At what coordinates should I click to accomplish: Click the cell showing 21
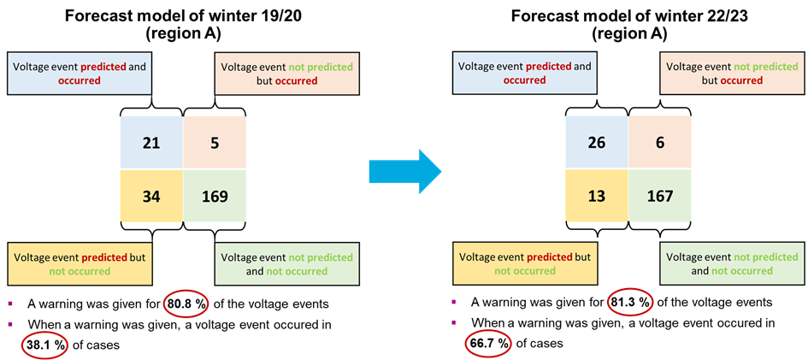tap(151, 143)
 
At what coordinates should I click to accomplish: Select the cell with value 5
tap(215, 143)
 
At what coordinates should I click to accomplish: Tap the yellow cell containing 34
tap(151, 196)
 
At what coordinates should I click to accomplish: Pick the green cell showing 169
tap(215, 196)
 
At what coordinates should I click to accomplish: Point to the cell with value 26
tap(597, 142)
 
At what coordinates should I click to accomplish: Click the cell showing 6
tap(660, 142)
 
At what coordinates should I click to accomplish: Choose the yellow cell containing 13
tap(597, 196)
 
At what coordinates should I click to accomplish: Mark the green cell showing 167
tap(660, 196)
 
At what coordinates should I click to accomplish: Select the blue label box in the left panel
tap(80, 74)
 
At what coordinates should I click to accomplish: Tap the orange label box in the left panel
tap(286, 74)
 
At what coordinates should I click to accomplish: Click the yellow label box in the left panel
tap(80, 264)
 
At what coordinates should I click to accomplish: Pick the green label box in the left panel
tap(286, 264)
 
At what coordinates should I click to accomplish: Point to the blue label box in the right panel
tap(524, 74)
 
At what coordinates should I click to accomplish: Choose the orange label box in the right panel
tap(732, 74)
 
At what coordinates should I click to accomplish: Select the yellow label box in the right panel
tap(524, 264)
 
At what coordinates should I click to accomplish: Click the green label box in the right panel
tap(732, 264)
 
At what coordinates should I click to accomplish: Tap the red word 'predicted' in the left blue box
tap(103, 67)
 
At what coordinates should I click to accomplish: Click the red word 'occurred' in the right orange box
tap(741, 80)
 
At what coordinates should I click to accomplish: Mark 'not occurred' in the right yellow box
tap(525, 271)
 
